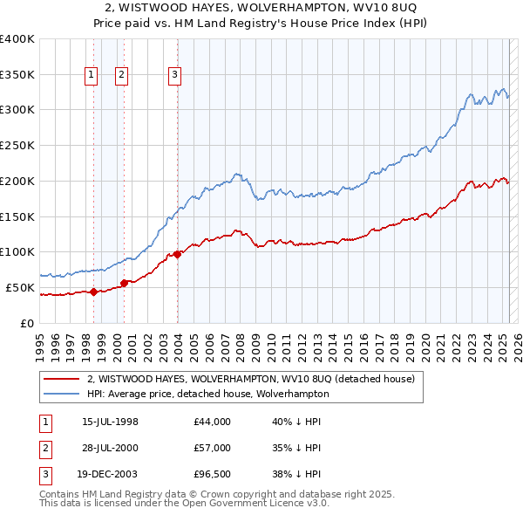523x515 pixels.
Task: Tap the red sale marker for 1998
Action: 93,292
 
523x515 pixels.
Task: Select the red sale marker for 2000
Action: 124,282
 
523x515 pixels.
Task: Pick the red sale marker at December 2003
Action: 177,254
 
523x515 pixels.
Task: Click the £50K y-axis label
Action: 21,287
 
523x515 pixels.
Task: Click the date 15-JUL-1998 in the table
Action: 110,422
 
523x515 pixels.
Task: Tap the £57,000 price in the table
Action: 213,448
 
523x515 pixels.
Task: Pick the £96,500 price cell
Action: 213,474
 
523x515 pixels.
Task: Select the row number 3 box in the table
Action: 44,474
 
